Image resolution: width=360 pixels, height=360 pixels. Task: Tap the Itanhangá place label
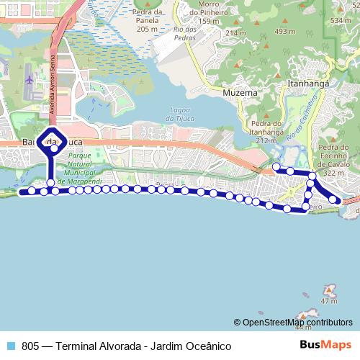click(308, 84)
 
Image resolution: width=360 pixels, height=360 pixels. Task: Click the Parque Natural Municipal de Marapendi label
click(85, 170)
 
